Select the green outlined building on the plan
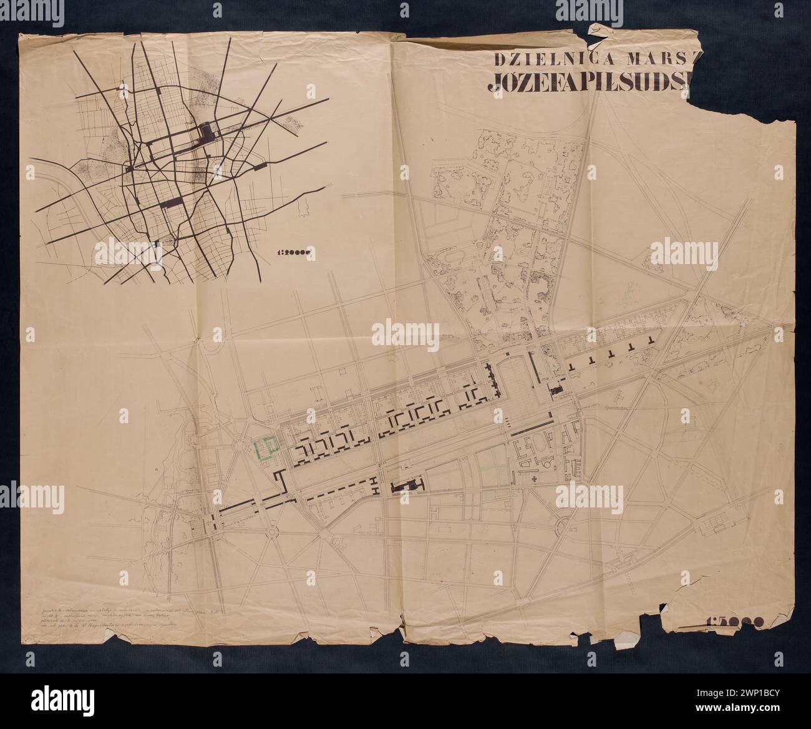click(x=266, y=448)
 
